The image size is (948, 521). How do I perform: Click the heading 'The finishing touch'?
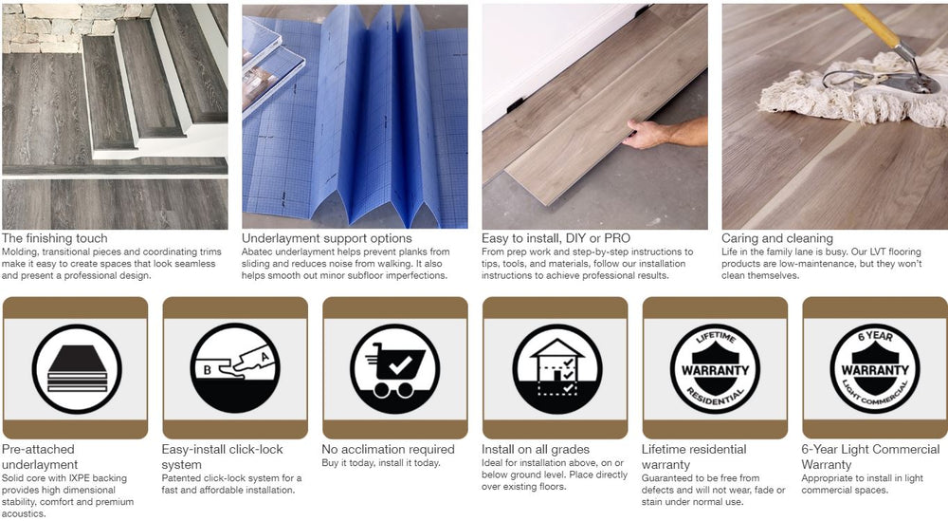pyautogui.click(x=54, y=238)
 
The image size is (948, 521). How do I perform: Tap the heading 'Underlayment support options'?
pyautogui.click(x=326, y=238)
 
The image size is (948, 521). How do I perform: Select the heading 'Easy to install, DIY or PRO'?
pyautogui.click(x=556, y=238)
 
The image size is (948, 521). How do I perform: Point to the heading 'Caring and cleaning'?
pyautogui.click(x=777, y=238)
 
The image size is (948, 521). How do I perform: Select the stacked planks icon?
pyautogui.click(x=77, y=369)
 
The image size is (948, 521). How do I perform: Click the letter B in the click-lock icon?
pyautogui.click(x=207, y=370)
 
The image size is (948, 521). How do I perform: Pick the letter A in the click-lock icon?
pyautogui.click(x=264, y=357)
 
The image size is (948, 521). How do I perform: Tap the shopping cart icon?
pyautogui.click(x=394, y=369)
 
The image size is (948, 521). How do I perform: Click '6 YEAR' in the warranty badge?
pyautogui.click(x=875, y=336)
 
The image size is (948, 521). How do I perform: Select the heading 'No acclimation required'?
pyautogui.click(x=388, y=450)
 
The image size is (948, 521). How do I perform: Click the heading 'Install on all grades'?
pyautogui.click(x=535, y=450)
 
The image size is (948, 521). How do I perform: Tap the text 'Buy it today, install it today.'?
pyautogui.click(x=381, y=463)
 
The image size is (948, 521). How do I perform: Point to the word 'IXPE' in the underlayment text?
pyautogui.click(x=80, y=478)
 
